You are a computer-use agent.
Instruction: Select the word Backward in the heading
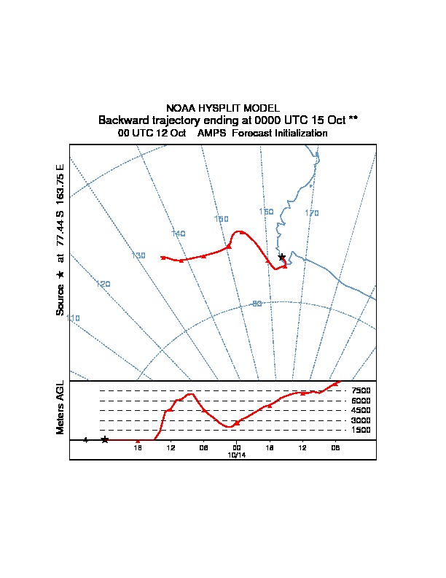tap(123, 120)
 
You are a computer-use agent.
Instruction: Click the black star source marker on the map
tap(282, 257)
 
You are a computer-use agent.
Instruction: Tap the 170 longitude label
tap(312, 213)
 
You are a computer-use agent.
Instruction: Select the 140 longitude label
tap(179, 234)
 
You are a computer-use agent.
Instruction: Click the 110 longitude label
tap(74, 318)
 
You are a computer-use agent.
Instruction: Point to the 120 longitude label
tap(103, 284)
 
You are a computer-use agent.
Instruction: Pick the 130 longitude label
tap(138, 255)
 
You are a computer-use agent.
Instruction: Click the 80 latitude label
tap(257, 304)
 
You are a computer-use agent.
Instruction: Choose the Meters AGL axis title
tap(60, 408)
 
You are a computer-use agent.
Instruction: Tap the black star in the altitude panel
tap(105, 439)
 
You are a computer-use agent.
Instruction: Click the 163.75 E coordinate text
tap(60, 187)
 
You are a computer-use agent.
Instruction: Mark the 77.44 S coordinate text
tap(60, 232)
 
